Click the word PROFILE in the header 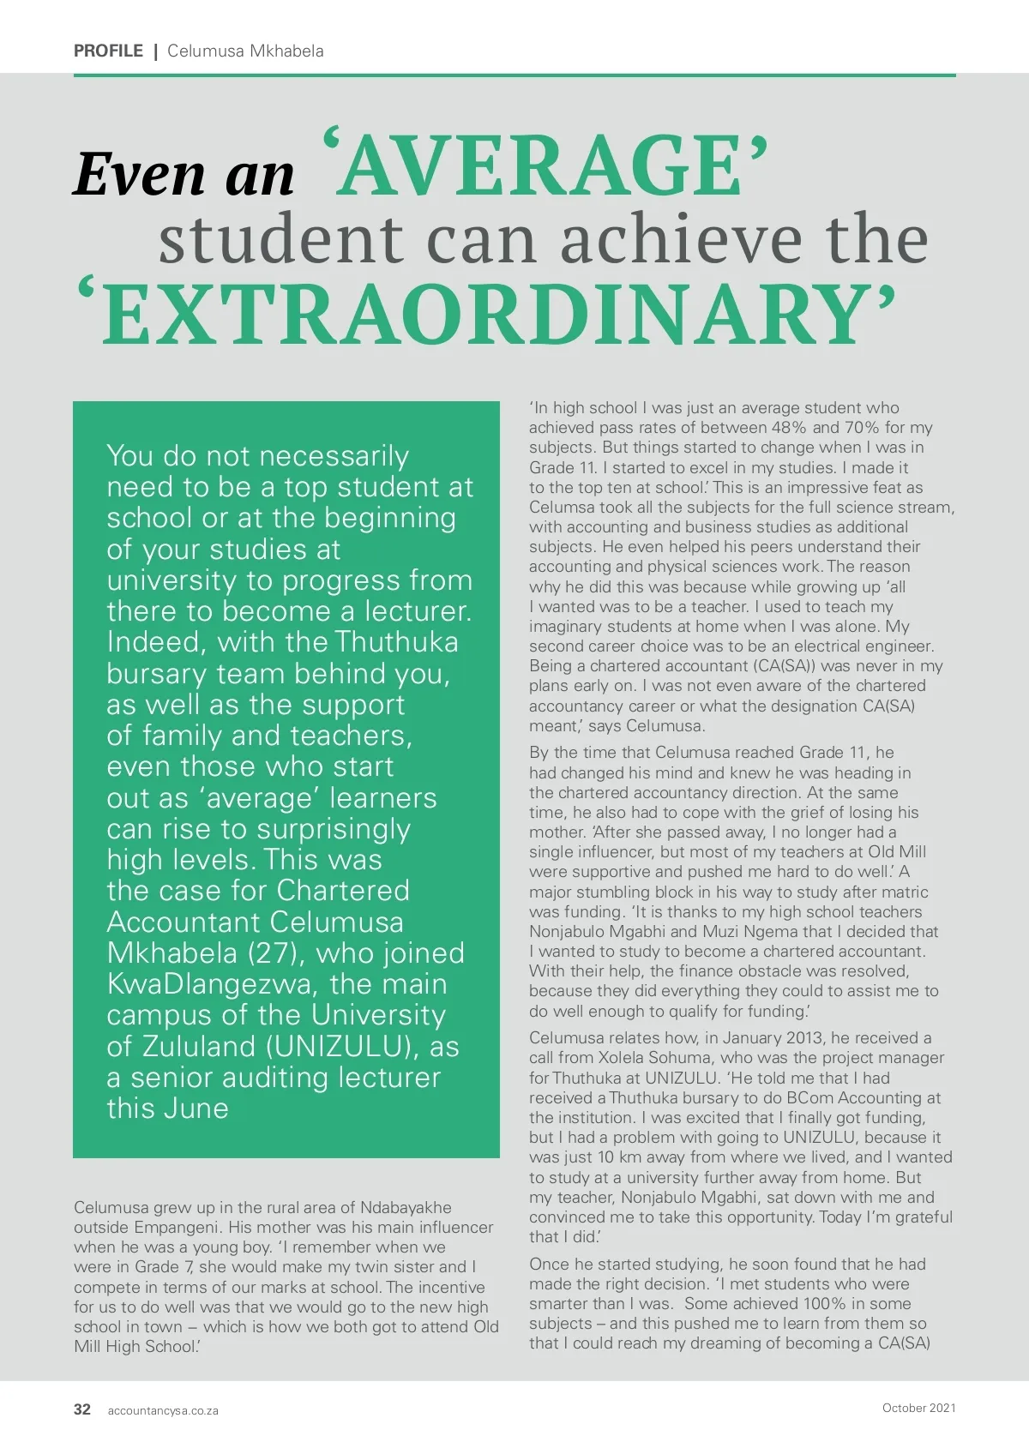[x=108, y=51]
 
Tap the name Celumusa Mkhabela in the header [x=245, y=51]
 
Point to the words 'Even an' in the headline [x=184, y=173]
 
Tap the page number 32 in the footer [x=82, y=1409]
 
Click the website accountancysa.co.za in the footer [x=163, y=1410]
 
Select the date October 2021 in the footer [x=918, y=1408]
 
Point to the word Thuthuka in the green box [x=396, y=642]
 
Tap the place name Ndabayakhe [x=406, y=1207]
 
